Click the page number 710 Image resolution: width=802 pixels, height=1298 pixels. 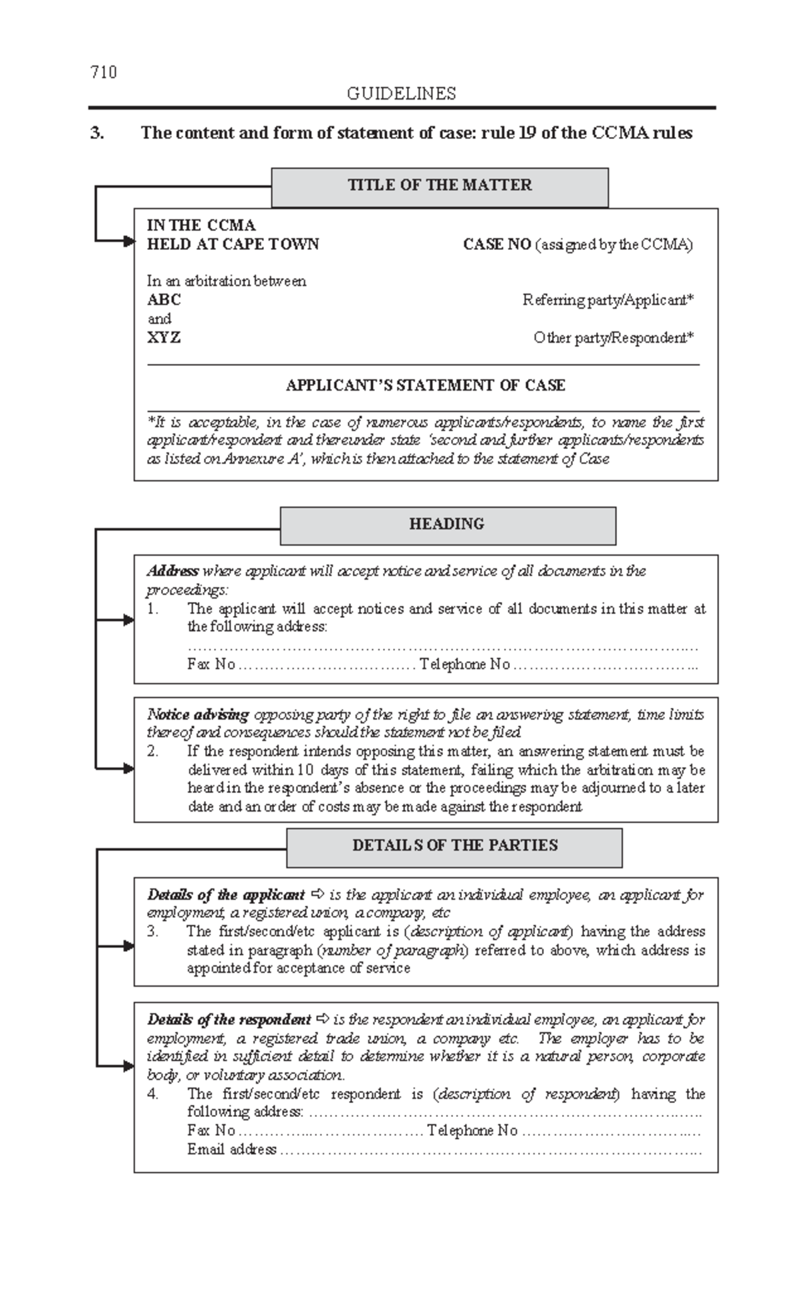(104, 72)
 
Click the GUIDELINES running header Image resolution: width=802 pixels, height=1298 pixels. (401, 94)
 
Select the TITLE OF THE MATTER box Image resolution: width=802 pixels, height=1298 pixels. (439, 186)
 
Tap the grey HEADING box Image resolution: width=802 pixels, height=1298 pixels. (447, 524)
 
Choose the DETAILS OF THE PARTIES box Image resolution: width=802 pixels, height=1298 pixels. (454, 846)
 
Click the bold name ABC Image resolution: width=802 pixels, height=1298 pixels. (164, 300)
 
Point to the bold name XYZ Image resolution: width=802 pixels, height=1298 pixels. (164, 337)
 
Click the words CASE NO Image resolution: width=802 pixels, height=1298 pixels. (497, 245)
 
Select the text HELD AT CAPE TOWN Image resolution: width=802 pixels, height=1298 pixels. (233, 245)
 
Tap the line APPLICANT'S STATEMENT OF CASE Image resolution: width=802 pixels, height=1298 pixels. (426, 385)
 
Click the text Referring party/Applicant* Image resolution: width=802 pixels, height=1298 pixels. (608, 300)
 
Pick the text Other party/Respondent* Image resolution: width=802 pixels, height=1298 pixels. (613, 338)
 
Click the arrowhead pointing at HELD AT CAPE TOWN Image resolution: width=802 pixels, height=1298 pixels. (129, 241)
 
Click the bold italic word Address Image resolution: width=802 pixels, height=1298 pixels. (172, 571)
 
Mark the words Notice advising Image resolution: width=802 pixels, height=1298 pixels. (198, 715)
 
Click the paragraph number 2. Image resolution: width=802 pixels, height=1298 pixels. (153, 752)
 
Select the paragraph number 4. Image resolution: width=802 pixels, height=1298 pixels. (153, 1094)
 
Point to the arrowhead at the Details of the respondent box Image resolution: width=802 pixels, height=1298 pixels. (129, 1066)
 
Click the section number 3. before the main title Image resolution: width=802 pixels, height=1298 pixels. (97, 133)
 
